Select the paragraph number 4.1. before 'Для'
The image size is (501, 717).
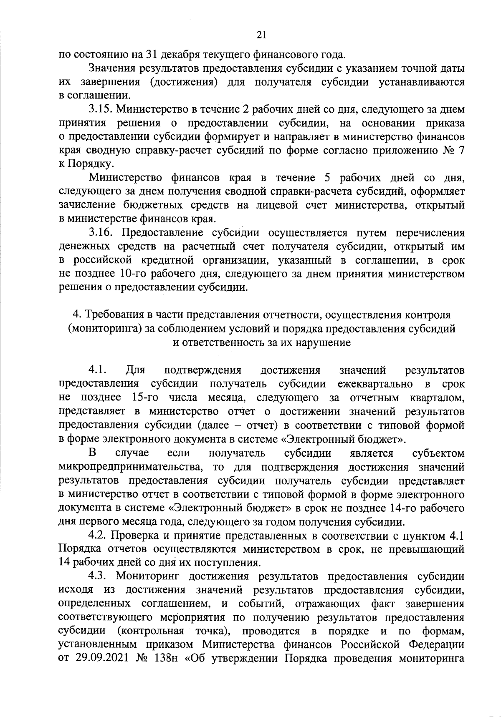tap(99, 370)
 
